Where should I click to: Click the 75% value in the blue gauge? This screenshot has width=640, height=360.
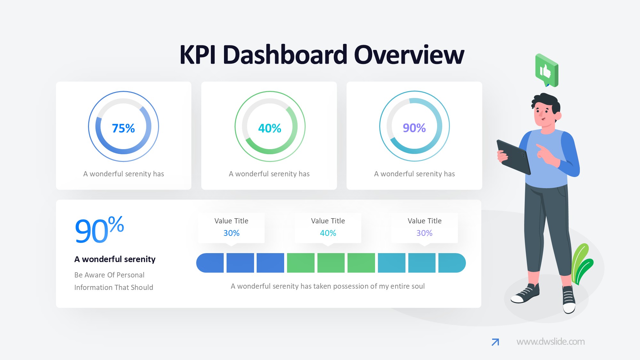(x=123, y=128)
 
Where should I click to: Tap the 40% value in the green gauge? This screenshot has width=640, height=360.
(x=269, y=128)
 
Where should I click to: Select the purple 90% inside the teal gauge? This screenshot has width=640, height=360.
(x=414, y=128)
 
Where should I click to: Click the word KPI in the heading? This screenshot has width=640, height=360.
(x=198, y=55)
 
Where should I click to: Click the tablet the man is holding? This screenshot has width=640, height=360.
(x=514, y=157)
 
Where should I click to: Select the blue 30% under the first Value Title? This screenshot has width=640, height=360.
(x=231, y=233)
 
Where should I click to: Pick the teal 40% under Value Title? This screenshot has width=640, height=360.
(x=328, y=233)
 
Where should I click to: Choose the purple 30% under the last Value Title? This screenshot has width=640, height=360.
(x=424, y=233)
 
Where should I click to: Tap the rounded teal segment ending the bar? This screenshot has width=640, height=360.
(x=452, y=263)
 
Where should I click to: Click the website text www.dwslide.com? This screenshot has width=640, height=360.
(x=550, y=342)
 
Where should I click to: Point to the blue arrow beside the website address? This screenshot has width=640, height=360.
(x=495, y=342)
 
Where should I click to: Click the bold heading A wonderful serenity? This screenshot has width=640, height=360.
(x=115, y=259)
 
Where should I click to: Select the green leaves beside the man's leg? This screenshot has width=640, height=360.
(x=582, y=264)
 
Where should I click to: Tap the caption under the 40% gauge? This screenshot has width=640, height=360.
(x=269, y=174)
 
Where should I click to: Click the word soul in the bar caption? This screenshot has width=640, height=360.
(x=417, y=286)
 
